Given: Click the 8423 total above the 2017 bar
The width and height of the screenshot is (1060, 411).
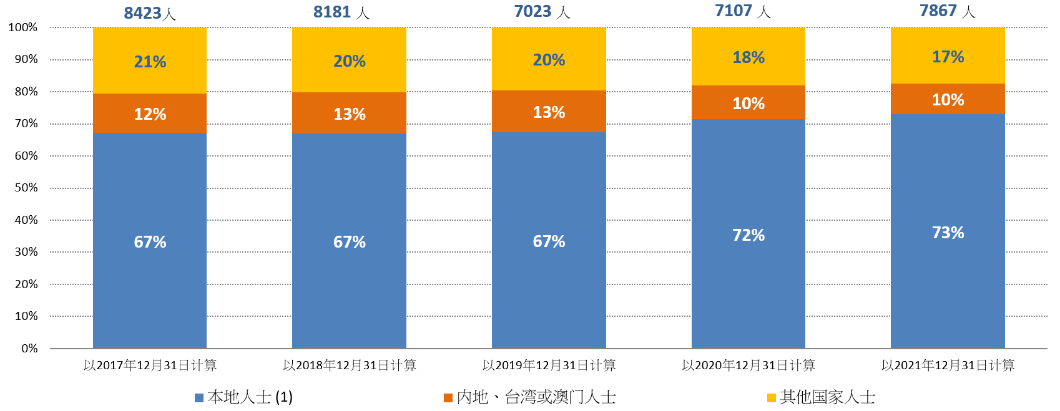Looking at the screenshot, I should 150,13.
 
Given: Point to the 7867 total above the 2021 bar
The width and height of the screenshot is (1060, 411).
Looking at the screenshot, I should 947,11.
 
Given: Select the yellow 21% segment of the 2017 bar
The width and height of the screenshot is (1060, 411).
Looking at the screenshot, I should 150,61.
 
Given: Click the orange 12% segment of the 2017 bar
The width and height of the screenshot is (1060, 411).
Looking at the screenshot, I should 150,114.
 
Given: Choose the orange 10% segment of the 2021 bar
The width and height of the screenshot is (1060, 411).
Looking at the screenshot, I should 948,99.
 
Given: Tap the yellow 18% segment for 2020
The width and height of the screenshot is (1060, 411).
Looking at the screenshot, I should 748,57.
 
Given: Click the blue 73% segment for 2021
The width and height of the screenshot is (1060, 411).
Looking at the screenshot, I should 948,232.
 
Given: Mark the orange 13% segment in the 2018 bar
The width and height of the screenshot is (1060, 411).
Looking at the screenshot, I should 349,114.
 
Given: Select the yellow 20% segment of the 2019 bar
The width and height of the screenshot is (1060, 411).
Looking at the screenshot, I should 549,60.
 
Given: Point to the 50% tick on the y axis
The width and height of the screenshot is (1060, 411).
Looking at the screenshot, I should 26,188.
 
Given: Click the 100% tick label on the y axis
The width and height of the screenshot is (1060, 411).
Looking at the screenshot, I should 23,27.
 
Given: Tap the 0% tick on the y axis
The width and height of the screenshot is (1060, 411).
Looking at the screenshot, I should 29,349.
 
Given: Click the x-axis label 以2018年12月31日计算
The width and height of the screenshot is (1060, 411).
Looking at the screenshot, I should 349,365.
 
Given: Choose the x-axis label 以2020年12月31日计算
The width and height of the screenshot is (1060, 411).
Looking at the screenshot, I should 748,365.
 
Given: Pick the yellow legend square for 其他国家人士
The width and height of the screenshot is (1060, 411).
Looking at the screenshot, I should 772,398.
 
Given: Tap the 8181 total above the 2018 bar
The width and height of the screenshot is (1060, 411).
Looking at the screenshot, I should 341,12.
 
